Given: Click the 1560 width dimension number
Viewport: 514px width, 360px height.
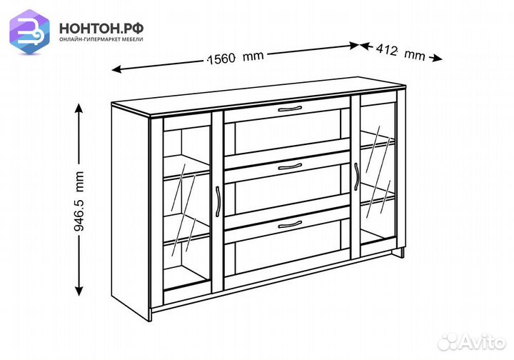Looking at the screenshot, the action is [x=222, y=59].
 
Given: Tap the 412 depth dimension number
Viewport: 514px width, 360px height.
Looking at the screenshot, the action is [x=386, y=50].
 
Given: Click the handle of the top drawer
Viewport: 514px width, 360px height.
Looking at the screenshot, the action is [x=290, y=109].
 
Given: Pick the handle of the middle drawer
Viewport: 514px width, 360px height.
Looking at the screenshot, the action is [x=290, y=167].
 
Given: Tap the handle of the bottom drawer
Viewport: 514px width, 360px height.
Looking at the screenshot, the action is [x=290, y=224].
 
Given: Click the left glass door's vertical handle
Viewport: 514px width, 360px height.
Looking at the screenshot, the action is [x=217, y=201].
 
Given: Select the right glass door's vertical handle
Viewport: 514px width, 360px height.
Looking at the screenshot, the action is [x=356, y=176].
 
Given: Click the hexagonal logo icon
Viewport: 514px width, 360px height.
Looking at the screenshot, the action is [x=29, y=31].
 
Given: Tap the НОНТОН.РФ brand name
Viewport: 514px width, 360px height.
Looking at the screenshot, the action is [x=101, y=29].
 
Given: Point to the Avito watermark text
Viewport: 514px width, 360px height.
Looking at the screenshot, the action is [x=483, y=343].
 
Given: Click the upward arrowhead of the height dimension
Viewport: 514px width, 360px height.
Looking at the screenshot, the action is [x=79, y=108].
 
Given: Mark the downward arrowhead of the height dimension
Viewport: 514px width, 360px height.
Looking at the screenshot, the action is [x=79, y=291].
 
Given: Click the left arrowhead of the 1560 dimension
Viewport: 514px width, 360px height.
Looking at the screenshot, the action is [x=116, y=69].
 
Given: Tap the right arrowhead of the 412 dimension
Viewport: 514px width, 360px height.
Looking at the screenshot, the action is [x=437, y=59].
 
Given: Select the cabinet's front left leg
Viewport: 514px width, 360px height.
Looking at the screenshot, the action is [x=151, y=315].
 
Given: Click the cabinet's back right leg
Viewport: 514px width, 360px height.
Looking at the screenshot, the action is [x=402, y=253].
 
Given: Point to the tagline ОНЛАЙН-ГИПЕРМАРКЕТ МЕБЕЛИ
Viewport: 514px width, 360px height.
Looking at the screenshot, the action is [x=101, y=39].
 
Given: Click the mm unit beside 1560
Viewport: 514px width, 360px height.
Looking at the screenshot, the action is [x=253, y=56].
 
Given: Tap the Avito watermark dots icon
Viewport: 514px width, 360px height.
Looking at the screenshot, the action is [x=448, y=342].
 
